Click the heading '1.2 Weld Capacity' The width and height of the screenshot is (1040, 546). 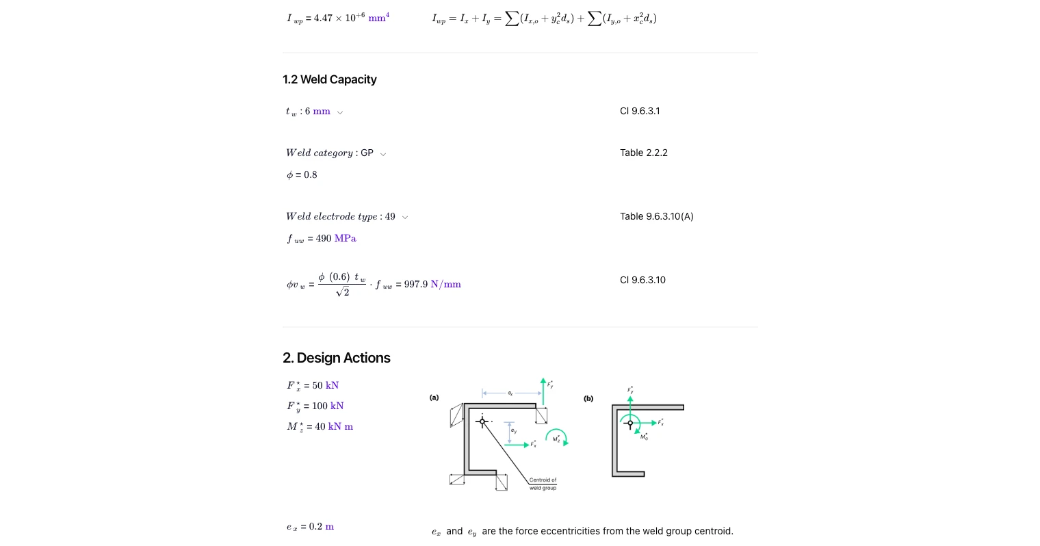(329, 79)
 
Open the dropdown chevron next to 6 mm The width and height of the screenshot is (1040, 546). (340, 112)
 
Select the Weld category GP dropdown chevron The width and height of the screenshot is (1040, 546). (383, 154)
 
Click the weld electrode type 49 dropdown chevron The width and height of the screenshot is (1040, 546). (405, 218)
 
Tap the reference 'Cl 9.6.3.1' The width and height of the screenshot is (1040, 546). (640, 111)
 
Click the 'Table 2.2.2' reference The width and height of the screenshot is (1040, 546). (643, 153)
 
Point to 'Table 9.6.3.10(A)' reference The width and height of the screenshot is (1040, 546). (656, 216)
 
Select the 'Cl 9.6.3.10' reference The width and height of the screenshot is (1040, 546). (642, 280)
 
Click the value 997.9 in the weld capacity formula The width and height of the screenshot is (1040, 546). (415, 285)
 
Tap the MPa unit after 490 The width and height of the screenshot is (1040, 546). (345, 238)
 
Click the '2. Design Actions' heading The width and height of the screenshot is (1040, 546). (336, 358)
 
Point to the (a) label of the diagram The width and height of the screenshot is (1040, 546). (434, 398)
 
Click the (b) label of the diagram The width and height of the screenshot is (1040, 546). (588, 398)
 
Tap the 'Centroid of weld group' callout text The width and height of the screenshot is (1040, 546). (543, 484)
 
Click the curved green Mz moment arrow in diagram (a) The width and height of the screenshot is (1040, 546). (558, 437)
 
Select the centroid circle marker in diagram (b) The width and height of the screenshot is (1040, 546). (630, 423)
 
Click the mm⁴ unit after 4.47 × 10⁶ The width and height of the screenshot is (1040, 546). (378, 18)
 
